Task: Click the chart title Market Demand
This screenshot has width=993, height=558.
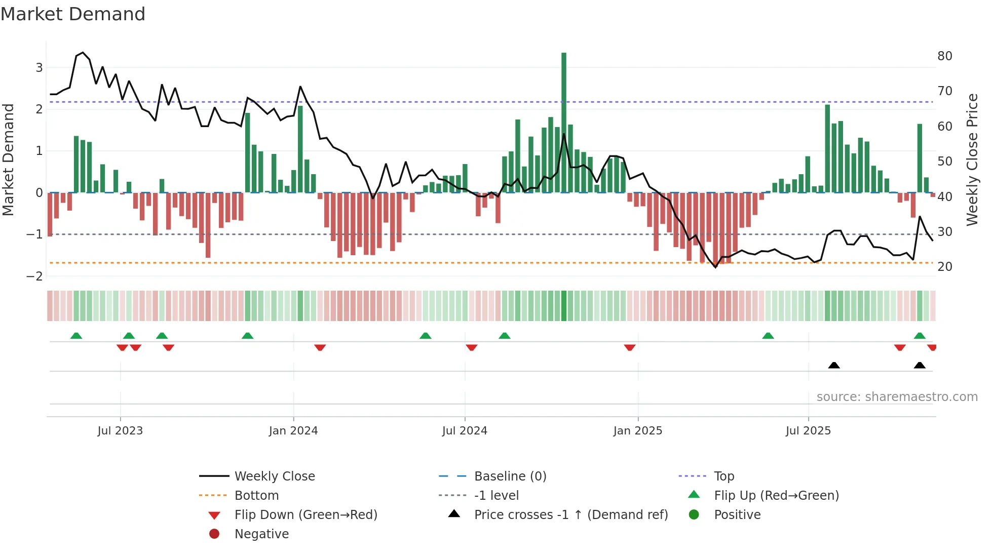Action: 73,14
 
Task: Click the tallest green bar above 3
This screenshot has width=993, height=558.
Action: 563,122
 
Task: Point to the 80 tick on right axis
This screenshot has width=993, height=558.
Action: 944,56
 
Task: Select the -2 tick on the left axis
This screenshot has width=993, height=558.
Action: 34,276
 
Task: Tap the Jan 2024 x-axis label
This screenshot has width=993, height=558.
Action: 293,431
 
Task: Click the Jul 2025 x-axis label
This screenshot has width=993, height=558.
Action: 808,431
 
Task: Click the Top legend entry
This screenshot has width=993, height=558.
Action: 723,476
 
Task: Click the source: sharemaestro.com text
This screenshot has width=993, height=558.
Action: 897,397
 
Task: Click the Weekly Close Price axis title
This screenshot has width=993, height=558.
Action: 972,160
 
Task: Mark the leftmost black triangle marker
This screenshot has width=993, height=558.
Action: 833,365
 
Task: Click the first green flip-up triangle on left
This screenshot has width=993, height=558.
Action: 76,336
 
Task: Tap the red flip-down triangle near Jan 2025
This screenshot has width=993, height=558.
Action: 629,348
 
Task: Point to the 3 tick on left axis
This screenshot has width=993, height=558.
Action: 39,68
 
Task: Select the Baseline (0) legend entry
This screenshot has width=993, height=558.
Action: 510,476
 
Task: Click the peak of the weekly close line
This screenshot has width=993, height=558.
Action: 83,53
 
